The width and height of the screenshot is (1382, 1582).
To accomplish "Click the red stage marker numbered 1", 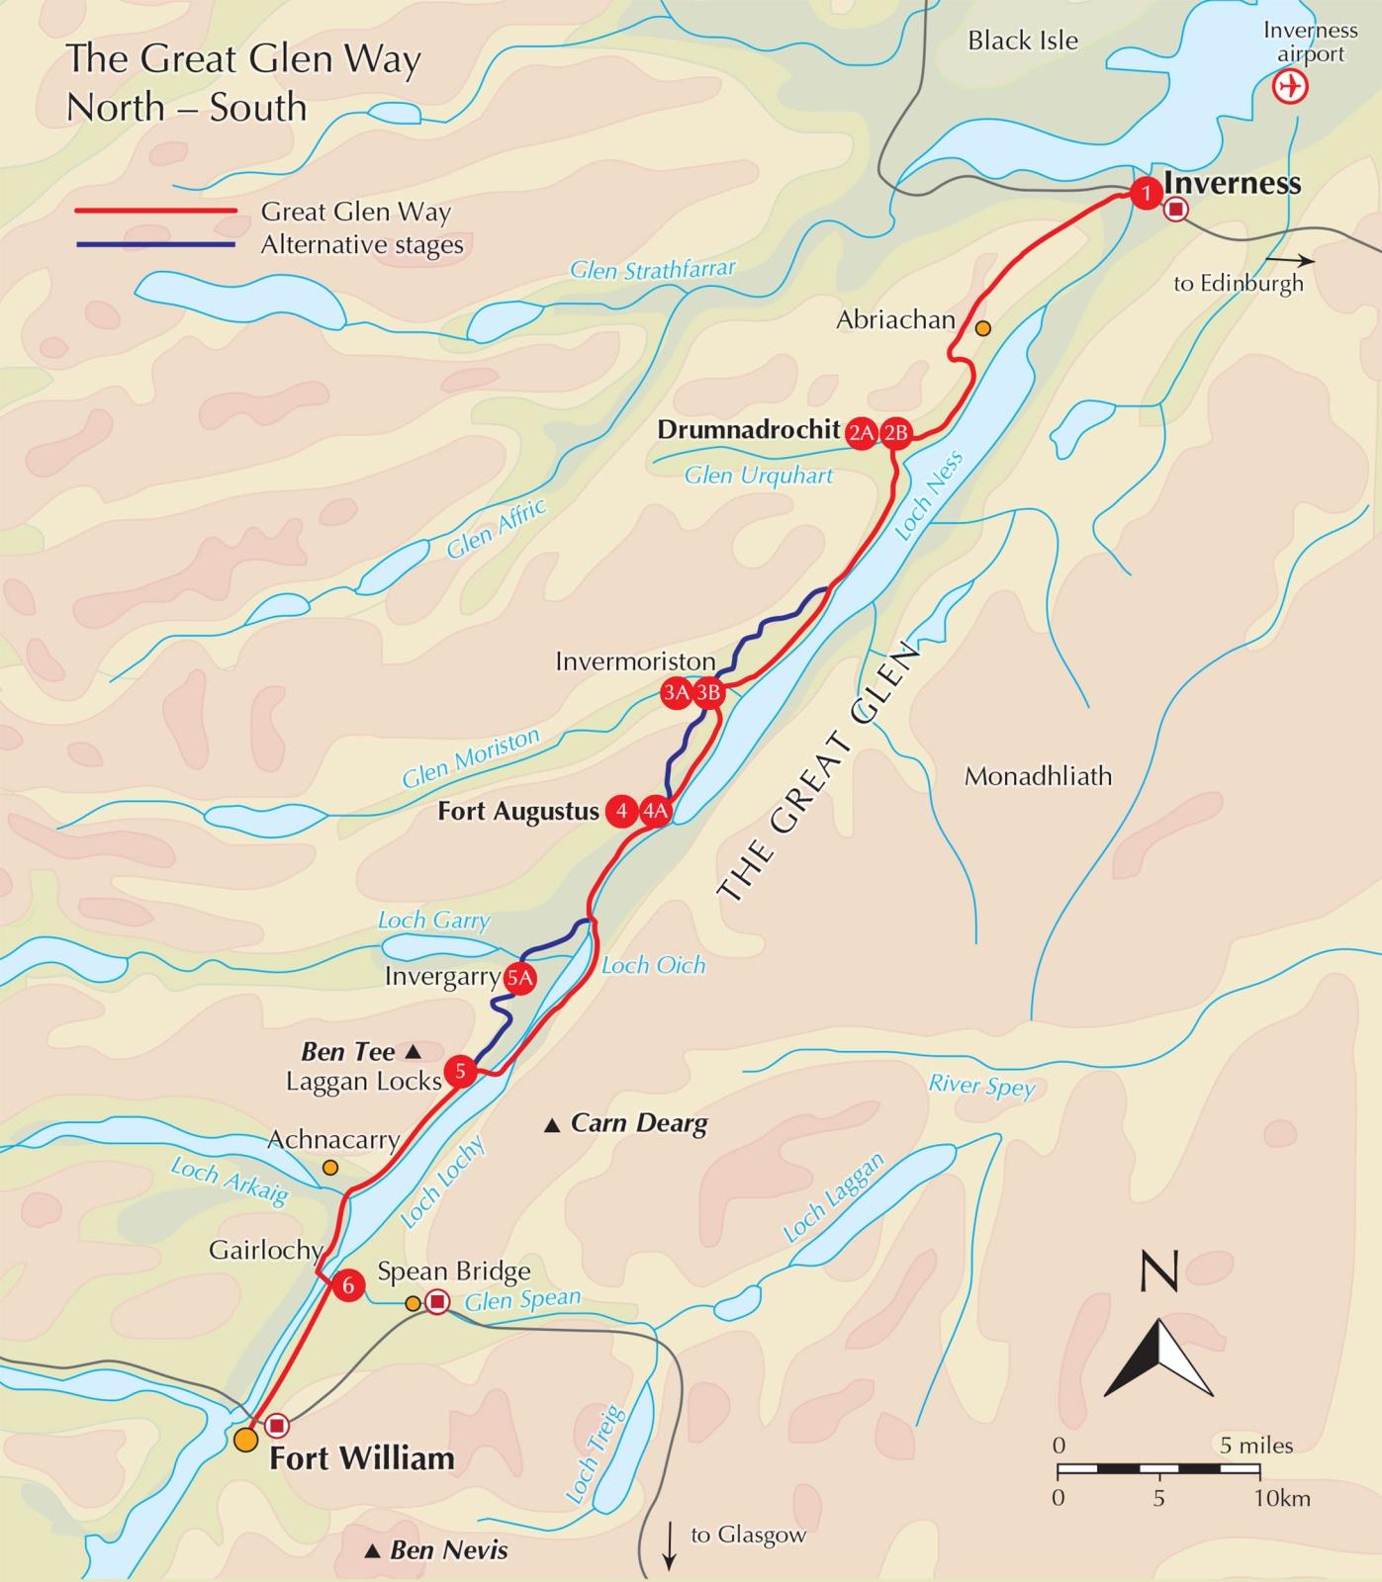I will [1146, 193].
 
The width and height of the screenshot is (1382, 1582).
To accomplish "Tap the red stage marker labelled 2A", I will [861, 432].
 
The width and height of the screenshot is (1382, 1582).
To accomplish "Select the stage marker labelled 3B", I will [707, 693].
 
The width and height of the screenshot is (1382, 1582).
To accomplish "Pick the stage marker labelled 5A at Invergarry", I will [519, 979].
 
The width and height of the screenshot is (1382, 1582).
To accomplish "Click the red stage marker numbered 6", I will [347, 1284].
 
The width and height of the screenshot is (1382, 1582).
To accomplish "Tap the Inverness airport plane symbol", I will [1290, 87].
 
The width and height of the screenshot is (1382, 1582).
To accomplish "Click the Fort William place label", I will [362, 1458].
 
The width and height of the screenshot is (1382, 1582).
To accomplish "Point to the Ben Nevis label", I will [448, 1549].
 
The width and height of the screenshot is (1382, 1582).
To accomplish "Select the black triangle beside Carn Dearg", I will [553, 1124].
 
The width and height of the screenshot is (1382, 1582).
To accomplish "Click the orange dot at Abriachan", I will [982, 328].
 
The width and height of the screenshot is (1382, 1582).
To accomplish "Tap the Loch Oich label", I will [653, 965].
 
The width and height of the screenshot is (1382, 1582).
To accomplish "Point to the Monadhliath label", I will [1038, 776].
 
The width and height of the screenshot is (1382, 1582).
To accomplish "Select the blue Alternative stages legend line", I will [155, 244].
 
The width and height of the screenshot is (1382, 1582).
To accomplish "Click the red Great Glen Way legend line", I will [155, 211].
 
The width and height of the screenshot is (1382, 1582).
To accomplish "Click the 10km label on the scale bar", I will [1283, 1498].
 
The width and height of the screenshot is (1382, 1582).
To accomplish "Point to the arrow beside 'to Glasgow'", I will [670, 1545].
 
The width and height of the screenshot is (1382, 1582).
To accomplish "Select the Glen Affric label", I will [496, 529].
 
